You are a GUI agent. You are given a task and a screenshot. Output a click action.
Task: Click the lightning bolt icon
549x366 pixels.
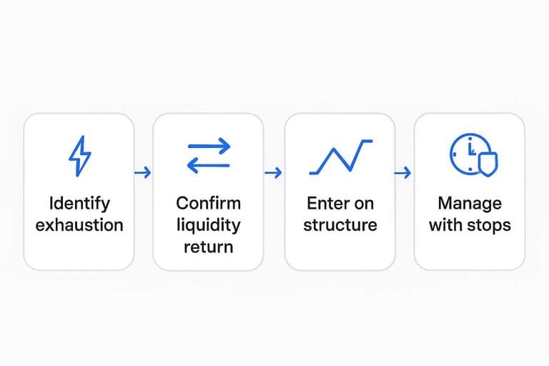tap(80, 157)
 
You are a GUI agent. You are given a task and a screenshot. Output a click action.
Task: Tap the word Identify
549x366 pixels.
tap(79, 204)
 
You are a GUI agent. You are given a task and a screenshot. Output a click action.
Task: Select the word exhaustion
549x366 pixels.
tap(79, 225)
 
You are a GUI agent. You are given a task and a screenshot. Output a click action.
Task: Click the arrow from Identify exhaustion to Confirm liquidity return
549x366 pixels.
tap(143, 172)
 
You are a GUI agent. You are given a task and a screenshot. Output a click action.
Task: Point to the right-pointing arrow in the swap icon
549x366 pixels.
tap(209, 146)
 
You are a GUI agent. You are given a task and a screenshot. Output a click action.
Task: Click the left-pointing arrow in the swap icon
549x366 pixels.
tap(209, 165)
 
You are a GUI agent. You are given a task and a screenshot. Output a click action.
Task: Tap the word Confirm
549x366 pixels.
tap(208, 204)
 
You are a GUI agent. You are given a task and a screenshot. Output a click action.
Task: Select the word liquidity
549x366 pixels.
tap(208, 225)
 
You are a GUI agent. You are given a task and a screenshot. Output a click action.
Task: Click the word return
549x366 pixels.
tap(208, 247)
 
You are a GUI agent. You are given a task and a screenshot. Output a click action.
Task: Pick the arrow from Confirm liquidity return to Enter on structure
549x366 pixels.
tap(274, 172)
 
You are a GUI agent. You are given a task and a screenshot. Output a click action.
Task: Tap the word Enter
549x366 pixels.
tap(325, 204)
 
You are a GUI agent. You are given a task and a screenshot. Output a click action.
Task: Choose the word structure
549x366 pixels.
tap(340, 225)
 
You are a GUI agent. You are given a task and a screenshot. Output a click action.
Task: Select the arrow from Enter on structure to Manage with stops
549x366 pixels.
tap(402, 172)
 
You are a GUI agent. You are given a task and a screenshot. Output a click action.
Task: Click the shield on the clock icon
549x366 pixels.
tap(488, 164)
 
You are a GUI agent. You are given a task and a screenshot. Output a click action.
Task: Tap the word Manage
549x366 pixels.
tap(470, 204)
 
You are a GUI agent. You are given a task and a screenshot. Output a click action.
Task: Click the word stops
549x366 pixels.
tap(493, 226)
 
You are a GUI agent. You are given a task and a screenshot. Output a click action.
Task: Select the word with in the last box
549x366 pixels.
tap(449, 225)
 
